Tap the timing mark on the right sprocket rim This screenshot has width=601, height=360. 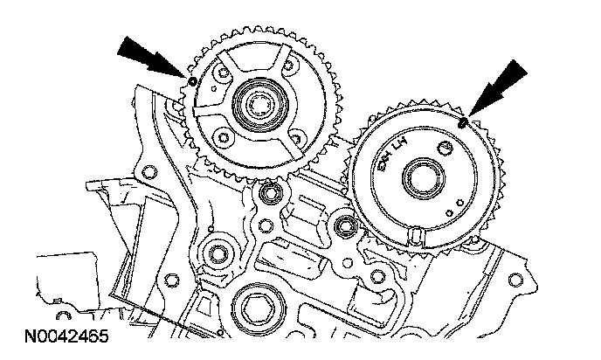coord(462,124)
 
